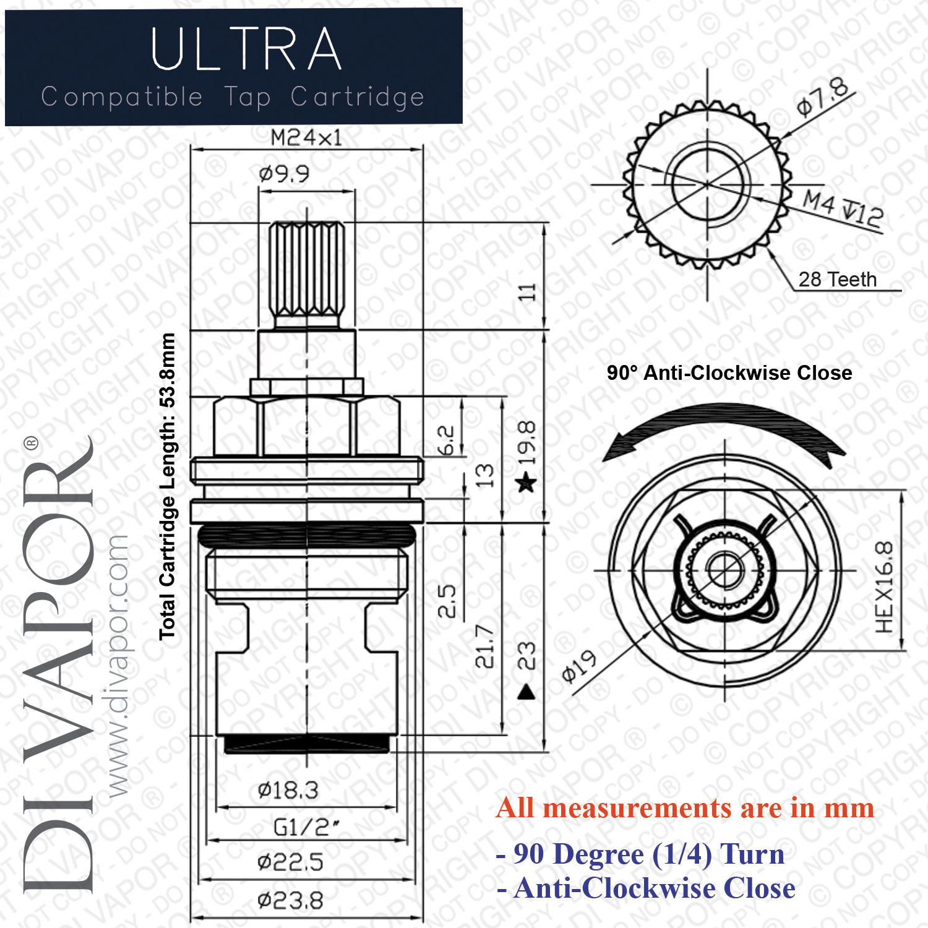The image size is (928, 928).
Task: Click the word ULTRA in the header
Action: pos(246,49)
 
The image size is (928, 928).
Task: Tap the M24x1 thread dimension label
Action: pos(306,137)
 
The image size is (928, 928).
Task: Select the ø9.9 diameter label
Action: pos(284,174)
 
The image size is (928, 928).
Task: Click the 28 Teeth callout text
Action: pos(838,279)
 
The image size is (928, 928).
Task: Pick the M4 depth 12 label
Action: pos(843,208)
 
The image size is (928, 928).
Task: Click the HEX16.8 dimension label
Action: pos(885,587)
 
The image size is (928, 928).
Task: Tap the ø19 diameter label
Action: pos(579,666)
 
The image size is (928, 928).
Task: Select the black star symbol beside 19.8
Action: pos(526,481)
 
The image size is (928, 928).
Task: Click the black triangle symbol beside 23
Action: pos(526,691)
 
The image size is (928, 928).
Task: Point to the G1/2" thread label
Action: pos(306,827)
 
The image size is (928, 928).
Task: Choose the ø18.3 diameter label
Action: pos(288,790)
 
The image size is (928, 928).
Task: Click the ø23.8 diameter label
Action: pos(290,900)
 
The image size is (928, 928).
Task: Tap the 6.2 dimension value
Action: pos(446,440)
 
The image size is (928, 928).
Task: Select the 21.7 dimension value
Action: pos(484,646)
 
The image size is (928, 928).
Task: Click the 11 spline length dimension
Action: pos(526,292)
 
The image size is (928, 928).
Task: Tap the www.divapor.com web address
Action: pos(117,666)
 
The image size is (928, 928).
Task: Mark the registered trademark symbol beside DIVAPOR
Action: pos(30,443)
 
